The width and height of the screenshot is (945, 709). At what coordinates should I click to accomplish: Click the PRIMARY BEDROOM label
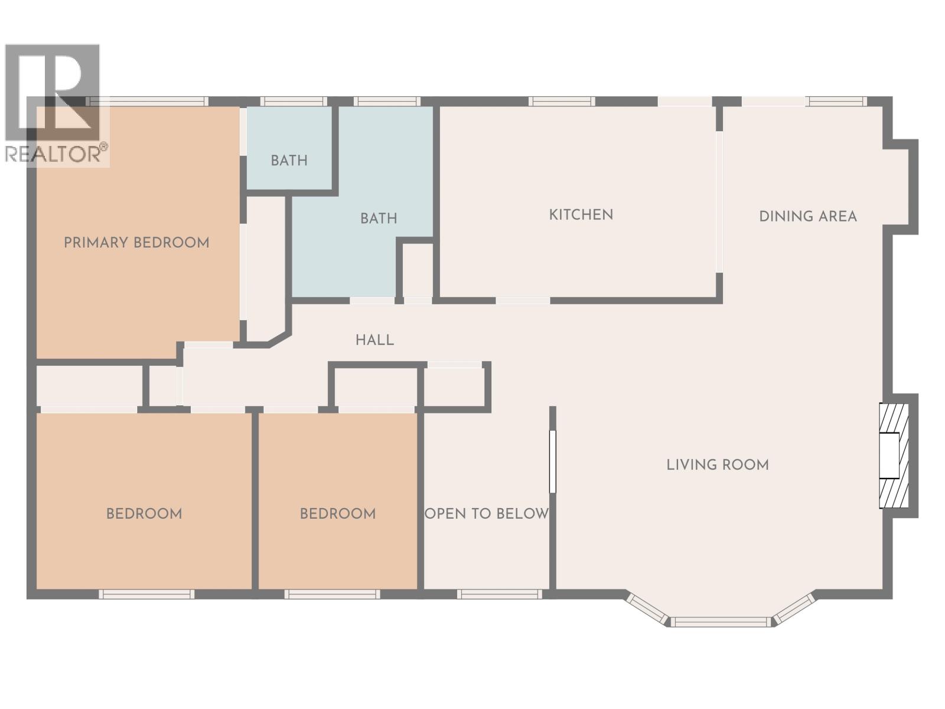pos(136,243)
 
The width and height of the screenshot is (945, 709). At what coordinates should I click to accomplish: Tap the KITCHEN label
pos(581,214)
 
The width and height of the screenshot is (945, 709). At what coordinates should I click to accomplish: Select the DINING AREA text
pos(807,216)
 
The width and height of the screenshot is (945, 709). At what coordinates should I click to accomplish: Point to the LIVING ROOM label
pos(718,465)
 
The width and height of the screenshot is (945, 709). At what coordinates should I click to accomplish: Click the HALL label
pos(374,340)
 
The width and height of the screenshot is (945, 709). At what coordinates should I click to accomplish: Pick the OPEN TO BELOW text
pos(487,513)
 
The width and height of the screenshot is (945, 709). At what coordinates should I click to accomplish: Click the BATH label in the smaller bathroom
pos(289,160)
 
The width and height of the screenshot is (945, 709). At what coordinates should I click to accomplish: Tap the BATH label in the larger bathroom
pos(378,219)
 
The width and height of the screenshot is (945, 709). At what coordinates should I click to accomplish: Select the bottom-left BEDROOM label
pos(144,513)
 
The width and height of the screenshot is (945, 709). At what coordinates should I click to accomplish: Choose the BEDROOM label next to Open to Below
pos(337,513)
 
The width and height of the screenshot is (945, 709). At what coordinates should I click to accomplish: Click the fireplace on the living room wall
pos(893,456)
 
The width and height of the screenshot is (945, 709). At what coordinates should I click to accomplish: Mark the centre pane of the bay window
pos(721,622)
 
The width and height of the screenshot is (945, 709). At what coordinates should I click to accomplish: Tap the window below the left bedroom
pos(146,594)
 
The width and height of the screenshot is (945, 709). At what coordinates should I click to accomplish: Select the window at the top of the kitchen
pos(562,102)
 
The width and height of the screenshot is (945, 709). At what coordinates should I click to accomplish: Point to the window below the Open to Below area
pos(499,594)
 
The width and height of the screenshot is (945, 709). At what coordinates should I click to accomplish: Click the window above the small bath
pos(294,102)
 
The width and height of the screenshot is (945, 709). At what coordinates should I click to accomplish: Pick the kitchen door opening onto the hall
pos(523,301)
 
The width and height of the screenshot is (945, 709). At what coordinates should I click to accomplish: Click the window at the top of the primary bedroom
pos(148,102)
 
